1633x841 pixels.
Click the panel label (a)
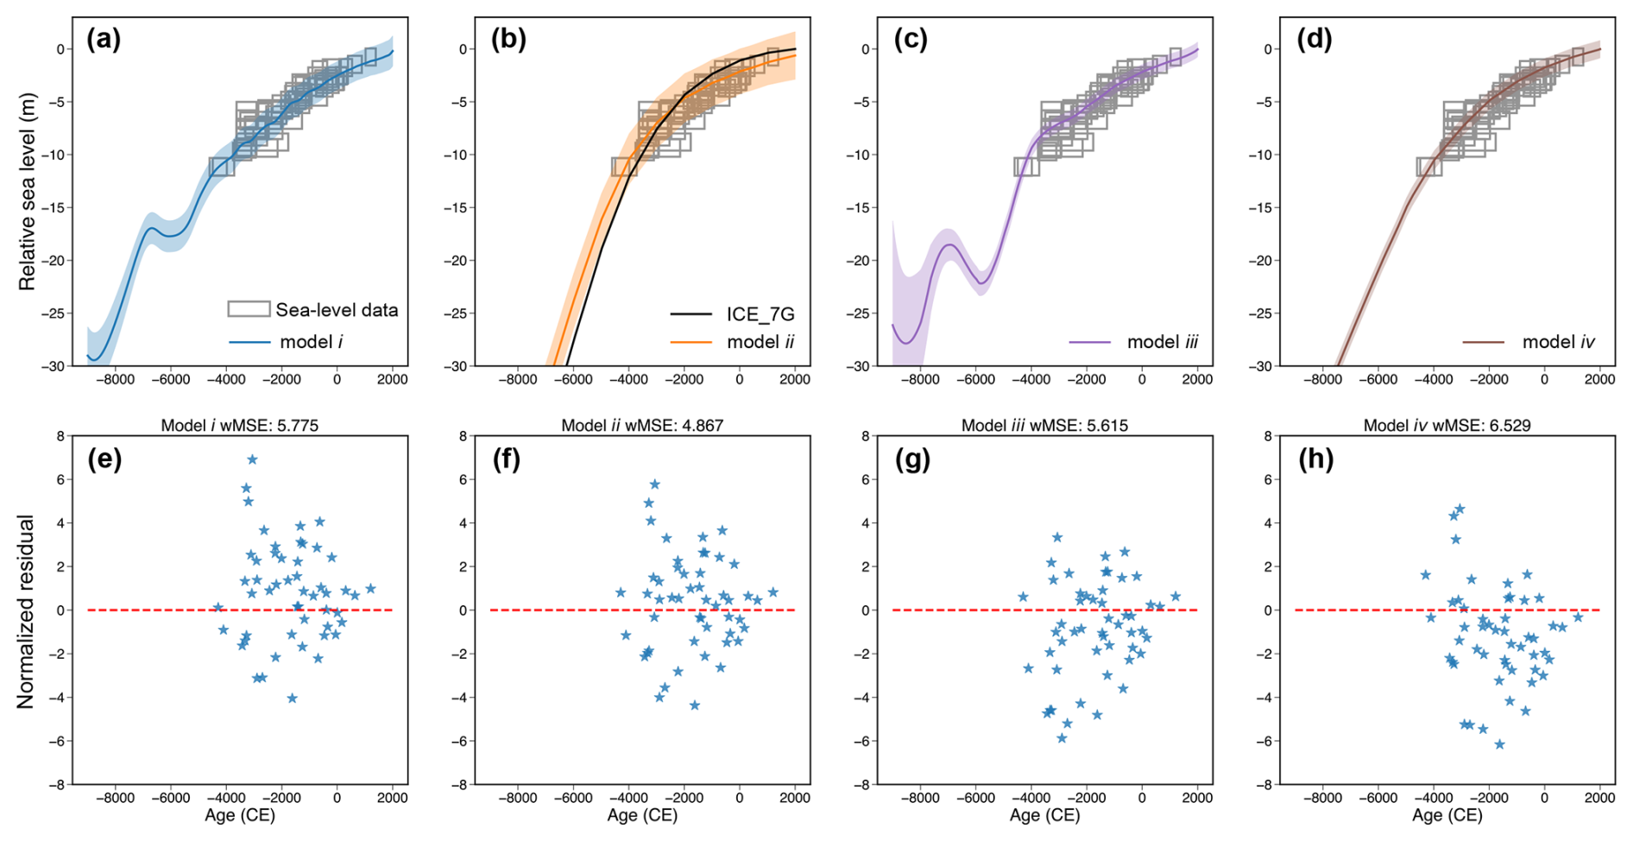pos(104,40)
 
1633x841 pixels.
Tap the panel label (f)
pos(506,459)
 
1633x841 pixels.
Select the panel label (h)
pos(1315,459)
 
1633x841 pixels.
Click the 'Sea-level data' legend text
pos(337,309)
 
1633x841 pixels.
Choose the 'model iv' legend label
pos(1558,342)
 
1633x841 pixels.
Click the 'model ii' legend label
pos(760,342)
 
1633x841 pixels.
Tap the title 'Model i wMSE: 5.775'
pos(239,425)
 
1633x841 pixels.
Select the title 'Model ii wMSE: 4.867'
pos(642,425)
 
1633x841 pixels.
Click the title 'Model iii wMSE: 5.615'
pos(1044,425)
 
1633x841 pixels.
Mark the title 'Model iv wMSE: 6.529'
pos(1447,425)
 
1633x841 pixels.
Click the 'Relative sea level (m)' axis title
pos(27,192)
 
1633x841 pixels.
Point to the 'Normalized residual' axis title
pos(27,611)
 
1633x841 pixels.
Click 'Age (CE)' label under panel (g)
pos(1044,815)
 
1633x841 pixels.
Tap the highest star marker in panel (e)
pos(252,459)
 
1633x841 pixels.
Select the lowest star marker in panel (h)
pos(1499,743)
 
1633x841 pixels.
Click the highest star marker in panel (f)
pos(655,484)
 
